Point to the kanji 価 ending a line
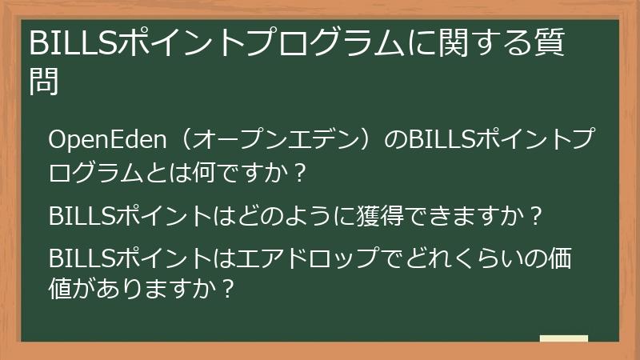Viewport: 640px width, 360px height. point(558,260)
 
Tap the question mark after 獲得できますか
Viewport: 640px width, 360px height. point(537,216)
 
